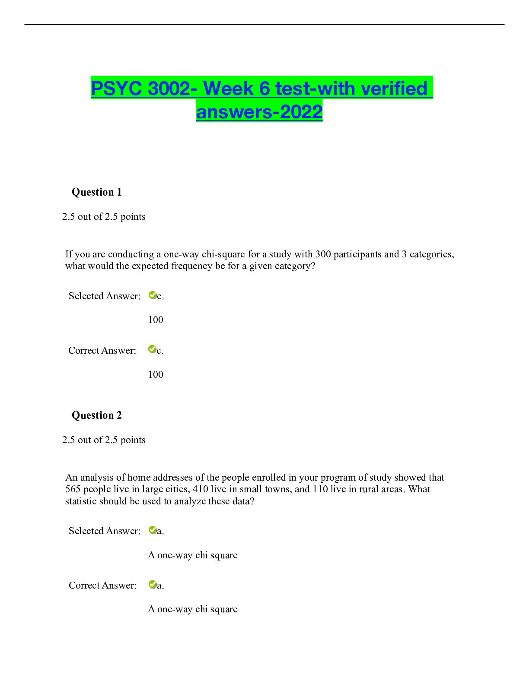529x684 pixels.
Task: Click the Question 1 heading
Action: coord(96,192)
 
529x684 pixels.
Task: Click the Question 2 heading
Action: coord(96,415)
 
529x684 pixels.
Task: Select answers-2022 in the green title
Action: coord(259,112)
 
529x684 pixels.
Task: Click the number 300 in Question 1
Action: coord(323,254)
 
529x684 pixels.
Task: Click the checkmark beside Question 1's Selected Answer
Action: coord(152,295)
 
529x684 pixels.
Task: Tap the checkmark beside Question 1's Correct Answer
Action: coord(152,349)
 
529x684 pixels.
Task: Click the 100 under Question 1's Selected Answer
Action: coord(156,320)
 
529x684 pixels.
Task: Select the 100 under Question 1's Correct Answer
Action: coord(156,374)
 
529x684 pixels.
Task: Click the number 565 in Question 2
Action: coord(73,489)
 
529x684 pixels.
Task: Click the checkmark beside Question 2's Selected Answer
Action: coord(152,530)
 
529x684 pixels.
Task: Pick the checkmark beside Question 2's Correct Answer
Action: coord(152,585)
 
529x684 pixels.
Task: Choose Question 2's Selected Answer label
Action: coord(105,531)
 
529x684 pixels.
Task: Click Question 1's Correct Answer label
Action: coord(102,350)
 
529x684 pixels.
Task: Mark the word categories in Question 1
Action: coord(432,254)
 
